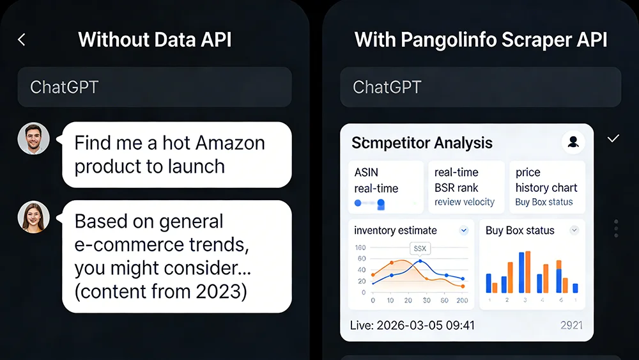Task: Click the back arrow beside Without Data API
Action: click(x=22, y=40)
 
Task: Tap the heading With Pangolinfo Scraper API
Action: click(x=481, y=40)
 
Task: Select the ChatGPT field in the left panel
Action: click(x=155, y=87)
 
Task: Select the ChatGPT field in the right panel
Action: click(x=480, y=87)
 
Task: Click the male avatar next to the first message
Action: click(x=33, y=139)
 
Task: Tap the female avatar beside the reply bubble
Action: click(x=33, y=217)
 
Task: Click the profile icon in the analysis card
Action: click(x=573, y=142)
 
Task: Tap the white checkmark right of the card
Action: click(x=613, y=139)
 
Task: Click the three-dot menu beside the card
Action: click(x=615, y=228)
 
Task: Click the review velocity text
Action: click(x=465, y=202)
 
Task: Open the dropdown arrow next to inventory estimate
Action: click(x=463, y=230)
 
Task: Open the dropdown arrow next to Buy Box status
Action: click(x=574, y=230)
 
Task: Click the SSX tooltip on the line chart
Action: click(x=420, y=248)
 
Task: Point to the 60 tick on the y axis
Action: click(x=362, y=258)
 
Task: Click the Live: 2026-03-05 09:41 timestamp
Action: click(x=412, y=325)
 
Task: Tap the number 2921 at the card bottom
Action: click(x=571, y=325)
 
